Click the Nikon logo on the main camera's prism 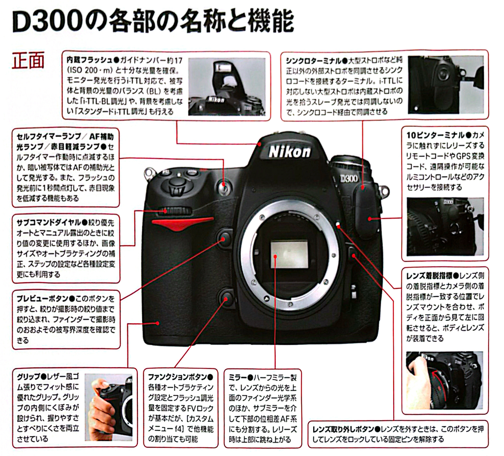(x=289, y=151)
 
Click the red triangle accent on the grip (x=183, y=224)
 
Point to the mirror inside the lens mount (x=289, y=254)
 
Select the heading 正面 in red (x=28, y=61)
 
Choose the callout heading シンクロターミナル (x=314, y=60)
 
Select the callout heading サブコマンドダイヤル (x=49, y=222)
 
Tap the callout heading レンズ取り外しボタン (x=343, y=429)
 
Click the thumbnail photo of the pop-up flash (x=227, y=87)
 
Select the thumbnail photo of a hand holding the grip (x=109, y=408)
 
